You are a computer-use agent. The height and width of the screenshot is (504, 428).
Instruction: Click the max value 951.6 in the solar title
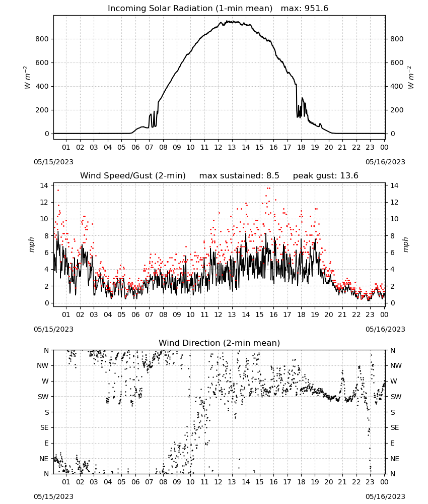point(316,9)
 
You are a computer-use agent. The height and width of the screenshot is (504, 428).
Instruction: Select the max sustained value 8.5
point(272,176)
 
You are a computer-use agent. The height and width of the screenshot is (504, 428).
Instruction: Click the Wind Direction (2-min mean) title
point(220,343)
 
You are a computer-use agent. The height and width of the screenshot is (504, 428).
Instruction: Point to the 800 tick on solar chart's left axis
point(42,39)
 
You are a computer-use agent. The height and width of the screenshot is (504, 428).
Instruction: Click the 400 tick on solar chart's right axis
point(397,86)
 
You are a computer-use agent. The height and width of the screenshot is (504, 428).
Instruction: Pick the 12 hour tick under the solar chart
point(218,147)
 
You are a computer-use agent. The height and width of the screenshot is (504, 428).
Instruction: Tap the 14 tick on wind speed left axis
point(44,185)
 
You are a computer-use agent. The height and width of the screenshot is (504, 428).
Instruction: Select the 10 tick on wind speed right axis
point(394,219)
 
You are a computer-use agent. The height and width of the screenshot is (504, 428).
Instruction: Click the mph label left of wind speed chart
point(31,244)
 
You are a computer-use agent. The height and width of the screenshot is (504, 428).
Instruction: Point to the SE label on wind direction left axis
point(44,427)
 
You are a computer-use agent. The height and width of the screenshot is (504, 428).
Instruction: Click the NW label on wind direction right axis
point(396,365)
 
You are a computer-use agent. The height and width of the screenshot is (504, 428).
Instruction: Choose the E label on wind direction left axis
point(46,443)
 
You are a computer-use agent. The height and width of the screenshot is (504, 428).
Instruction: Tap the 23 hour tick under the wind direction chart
point(370,482)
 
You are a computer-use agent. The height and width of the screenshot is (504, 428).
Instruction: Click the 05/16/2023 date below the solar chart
point(385,162)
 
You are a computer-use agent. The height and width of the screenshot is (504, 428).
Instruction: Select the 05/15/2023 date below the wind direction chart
point(53,496)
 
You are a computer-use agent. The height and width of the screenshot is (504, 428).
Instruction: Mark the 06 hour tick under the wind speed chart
point(135,314)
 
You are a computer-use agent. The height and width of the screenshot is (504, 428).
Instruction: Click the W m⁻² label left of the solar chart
point(27,78)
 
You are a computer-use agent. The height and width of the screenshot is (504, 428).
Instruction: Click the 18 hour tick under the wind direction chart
point(301,482)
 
